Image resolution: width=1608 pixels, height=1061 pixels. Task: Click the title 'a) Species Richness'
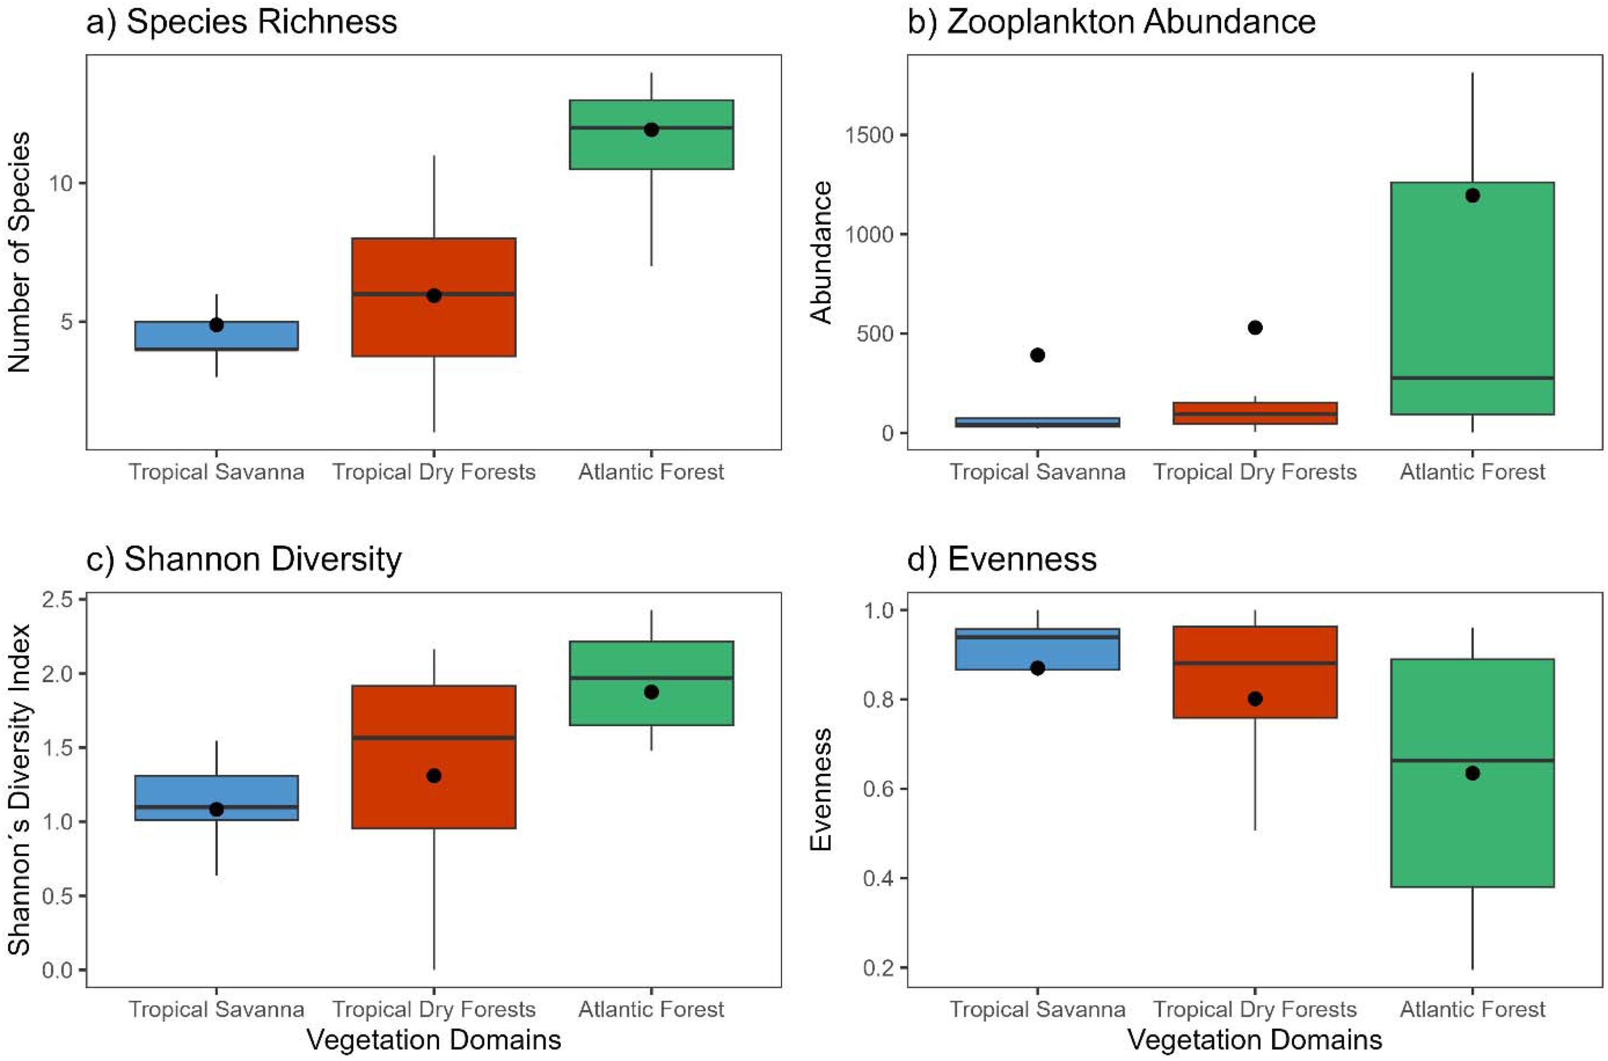pos(242,22)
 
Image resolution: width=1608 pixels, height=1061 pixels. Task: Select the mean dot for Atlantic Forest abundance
pos(1472,195)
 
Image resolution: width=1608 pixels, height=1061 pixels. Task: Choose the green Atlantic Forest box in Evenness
pos(1472,832)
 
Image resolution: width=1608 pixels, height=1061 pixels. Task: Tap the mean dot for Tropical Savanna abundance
pos(1038,355)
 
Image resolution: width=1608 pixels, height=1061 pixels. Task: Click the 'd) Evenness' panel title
pos(1002,559)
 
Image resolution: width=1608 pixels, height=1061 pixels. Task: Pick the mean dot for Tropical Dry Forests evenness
pos(1255,699)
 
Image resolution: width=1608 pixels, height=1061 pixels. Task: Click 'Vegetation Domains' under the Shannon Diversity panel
pos(434,1040)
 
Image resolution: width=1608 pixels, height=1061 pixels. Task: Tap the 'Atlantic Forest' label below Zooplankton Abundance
pos(1472,472)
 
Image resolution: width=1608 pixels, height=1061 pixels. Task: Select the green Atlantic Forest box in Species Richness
pos(652,149)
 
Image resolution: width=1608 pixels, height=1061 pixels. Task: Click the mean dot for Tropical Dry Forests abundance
pos(1255,327)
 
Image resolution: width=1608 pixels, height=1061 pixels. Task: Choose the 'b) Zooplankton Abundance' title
pos(1111,22)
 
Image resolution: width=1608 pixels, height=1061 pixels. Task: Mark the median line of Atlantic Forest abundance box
pos(1472,377)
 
